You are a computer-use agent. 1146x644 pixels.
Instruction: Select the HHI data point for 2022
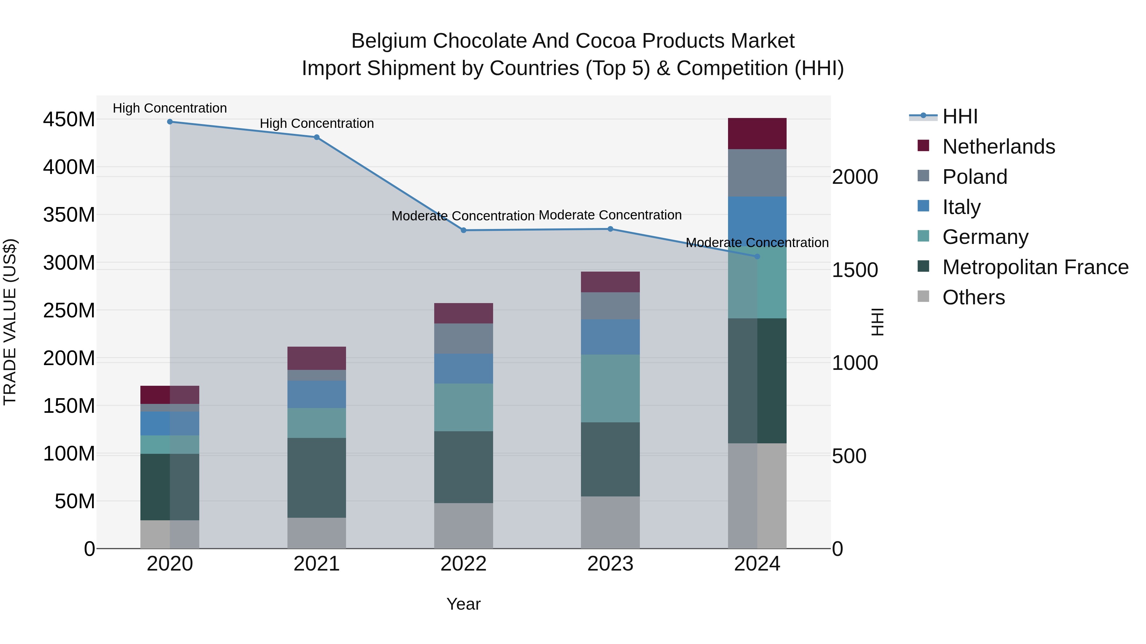[463, 230]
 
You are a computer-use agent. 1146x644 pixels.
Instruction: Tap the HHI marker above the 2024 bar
[757, 256]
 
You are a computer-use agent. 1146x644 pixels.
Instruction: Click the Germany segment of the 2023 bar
[610, 388]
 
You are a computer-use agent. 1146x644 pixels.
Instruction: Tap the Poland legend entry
[974, 177]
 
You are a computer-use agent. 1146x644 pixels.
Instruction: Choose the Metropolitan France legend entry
[1035, 267]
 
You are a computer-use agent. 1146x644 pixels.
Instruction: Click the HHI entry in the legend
[959, 116]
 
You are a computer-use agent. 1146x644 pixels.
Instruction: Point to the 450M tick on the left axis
[69, 120]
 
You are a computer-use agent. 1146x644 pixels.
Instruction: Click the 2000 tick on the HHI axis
[855, 177]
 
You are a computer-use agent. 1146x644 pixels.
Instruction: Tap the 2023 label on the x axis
[610, 564]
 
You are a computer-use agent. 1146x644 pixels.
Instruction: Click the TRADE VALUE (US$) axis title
[10, 322]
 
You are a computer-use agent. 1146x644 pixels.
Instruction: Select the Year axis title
[463, 604]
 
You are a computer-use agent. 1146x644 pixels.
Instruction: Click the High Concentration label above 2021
[316, 124]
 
